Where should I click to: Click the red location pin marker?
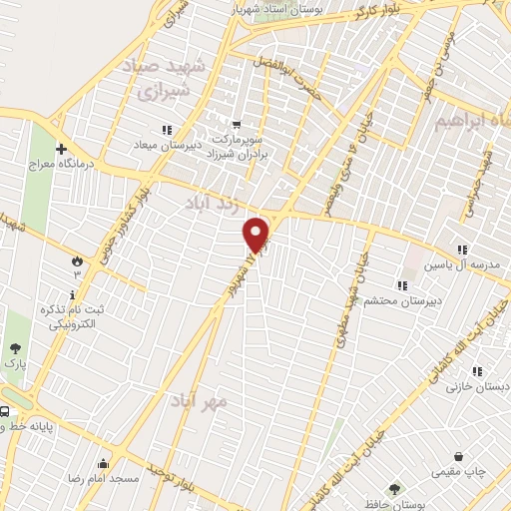(256, 234)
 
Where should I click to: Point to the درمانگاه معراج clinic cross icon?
(62, 149)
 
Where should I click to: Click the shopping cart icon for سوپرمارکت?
(236, 126)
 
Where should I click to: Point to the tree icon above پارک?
(15, 347)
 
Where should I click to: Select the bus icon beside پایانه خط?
(5, 411)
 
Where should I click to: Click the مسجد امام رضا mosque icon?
(104, 463)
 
